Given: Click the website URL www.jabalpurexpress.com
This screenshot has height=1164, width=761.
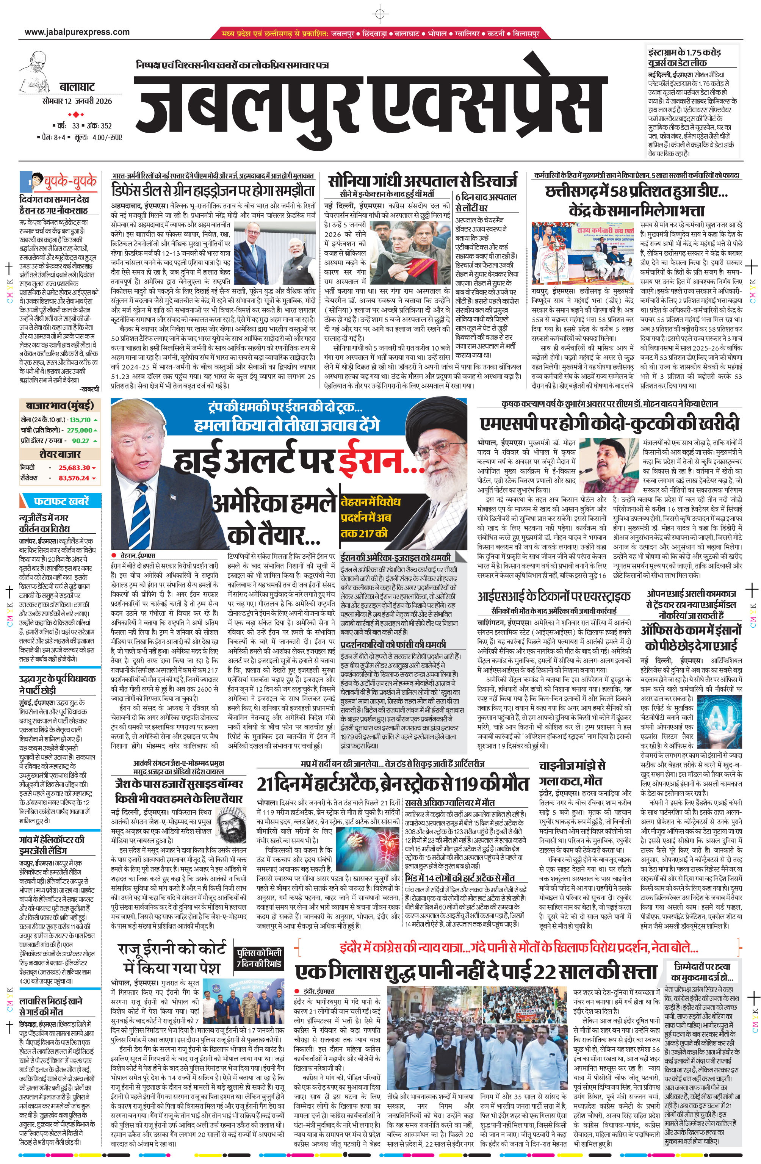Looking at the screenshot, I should pyautogui.click(x=77, y=32).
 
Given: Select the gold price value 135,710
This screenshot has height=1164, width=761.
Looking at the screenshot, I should pyautogui.click(x=80, y=420).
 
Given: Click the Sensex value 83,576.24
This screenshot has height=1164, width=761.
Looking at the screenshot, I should pyautogui.click(x=74, y=478).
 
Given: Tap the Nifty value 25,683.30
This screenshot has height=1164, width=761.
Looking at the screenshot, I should pyautogui.click(x=74, y=468).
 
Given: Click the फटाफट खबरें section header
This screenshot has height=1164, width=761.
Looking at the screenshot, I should pyautogui.click(x=61, y=501).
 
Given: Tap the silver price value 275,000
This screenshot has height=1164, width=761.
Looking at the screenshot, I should pyautogui.click(x=79, y=430).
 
